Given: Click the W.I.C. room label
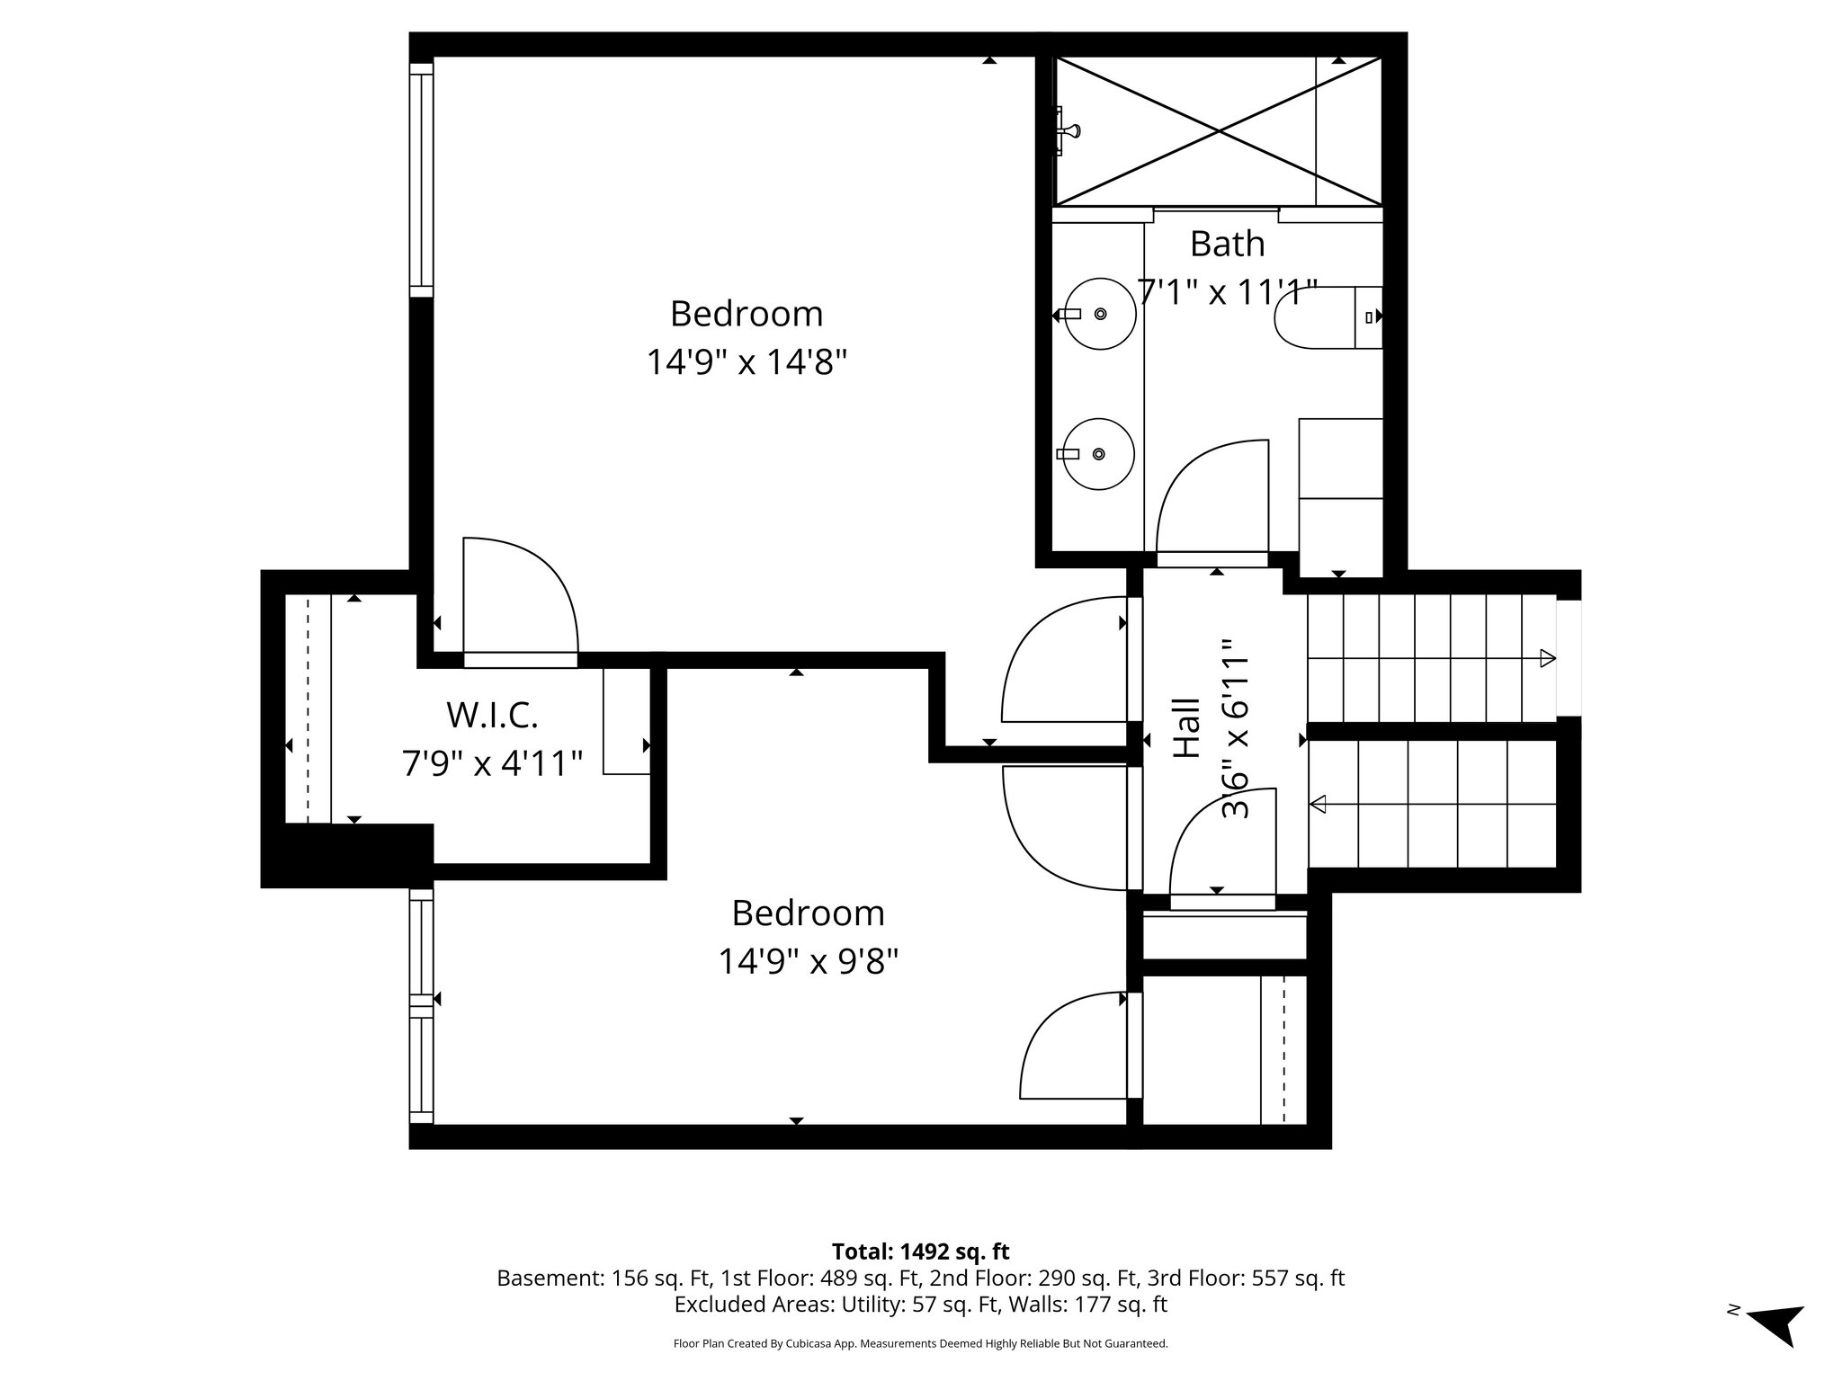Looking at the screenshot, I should pos(492,716).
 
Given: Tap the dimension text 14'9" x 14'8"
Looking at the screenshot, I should pos(747,363).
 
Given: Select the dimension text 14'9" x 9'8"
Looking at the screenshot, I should pos(808,962).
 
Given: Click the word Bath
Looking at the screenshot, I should pos(1227,244).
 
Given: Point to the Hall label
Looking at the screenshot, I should pos(1187,728).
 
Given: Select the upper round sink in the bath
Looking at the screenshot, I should pos(1099,313).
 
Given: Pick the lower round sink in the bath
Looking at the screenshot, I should pos(1099,454).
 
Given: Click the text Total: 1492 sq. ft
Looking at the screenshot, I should pos(920,1252).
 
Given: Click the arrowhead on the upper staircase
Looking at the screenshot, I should pos(1547,658).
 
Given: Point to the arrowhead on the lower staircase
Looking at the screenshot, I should pos(1319,805).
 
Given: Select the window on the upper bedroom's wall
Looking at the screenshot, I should pos(421,180).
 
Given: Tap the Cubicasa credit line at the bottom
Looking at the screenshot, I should pos(920,1343).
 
